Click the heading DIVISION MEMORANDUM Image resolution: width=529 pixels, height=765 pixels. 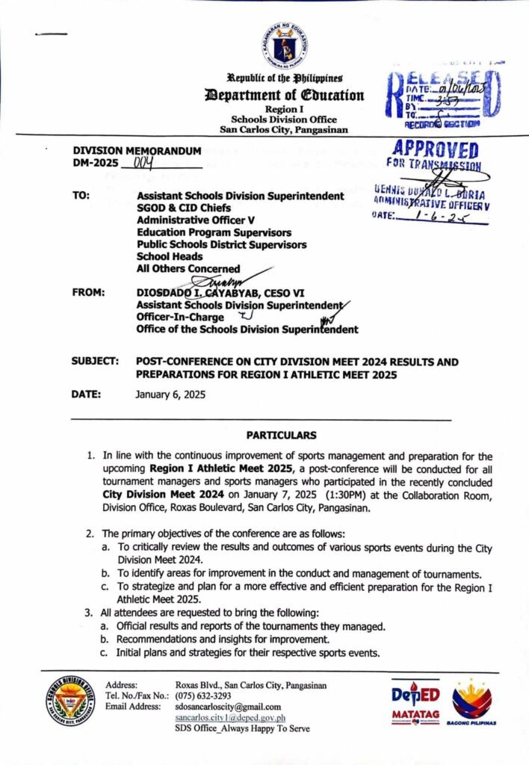137,150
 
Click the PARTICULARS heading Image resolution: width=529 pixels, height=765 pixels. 281,435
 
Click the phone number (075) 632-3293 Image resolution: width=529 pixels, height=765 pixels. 203,696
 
